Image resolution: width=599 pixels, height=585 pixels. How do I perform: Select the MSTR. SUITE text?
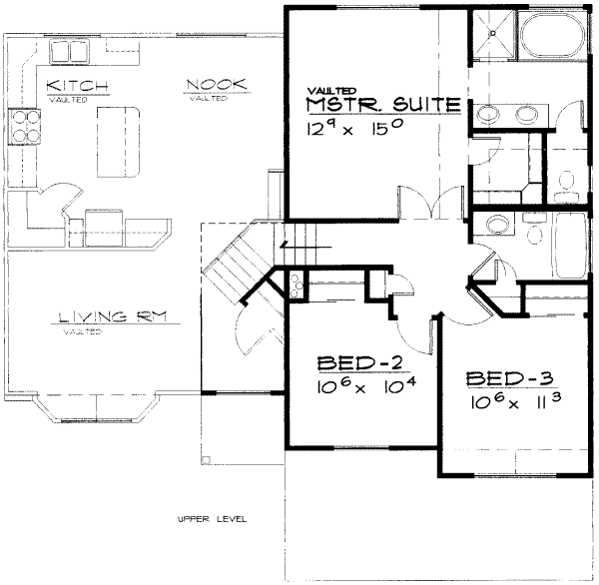pyautogui.click(x=383, y=104)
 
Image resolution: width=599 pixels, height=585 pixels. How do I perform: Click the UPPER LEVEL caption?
pyautogui.click(x=212, y=520)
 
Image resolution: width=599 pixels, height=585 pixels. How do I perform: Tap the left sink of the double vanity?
pyautogui.click(x=490, y=112)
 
